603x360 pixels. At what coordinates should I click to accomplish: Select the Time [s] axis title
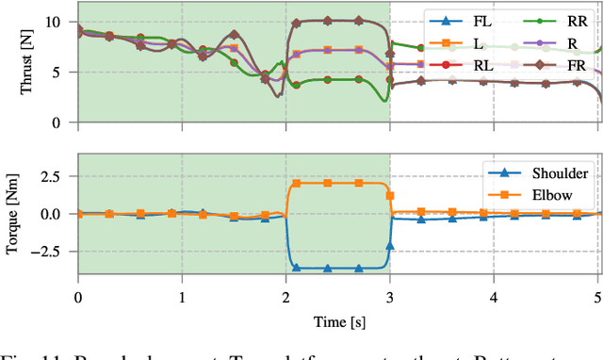click(338, 322)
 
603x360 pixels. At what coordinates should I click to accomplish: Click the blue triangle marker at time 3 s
click(389, 246)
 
